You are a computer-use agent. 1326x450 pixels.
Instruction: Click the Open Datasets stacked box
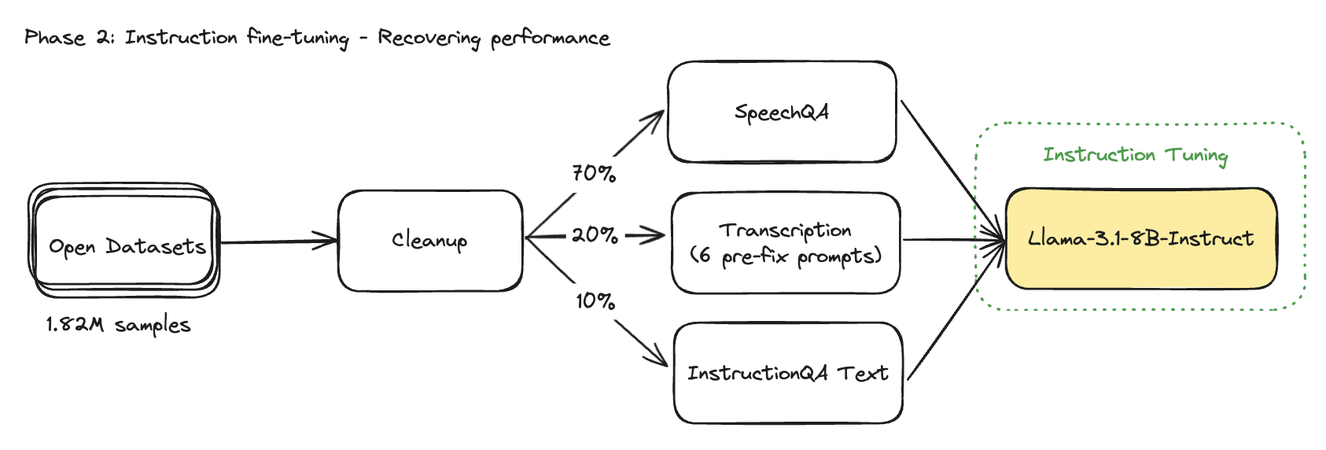pos(124,241)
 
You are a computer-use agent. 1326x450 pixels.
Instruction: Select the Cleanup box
pos(429,240)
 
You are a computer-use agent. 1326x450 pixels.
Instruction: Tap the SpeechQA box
pos(781,112)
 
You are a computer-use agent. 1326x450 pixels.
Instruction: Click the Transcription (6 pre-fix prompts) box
pos(785,242)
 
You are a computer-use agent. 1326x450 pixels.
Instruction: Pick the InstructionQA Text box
pos(787,373)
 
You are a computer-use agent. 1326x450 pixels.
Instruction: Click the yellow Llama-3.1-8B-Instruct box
pos(1140,238)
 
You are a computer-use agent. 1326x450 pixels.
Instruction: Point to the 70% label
pos(594,173)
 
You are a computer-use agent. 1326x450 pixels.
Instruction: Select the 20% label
pos(595,234)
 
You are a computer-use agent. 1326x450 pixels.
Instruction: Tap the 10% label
pos(595,301)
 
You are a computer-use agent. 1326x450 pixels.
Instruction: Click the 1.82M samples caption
pos(118,325)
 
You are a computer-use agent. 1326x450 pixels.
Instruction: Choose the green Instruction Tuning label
pos(1135,155)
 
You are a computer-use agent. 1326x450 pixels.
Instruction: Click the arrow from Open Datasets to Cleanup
pos(279,242)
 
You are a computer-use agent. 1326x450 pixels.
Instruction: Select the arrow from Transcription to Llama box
pos(952,239)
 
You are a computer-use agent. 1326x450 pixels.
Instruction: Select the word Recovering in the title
pos(429,39)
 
